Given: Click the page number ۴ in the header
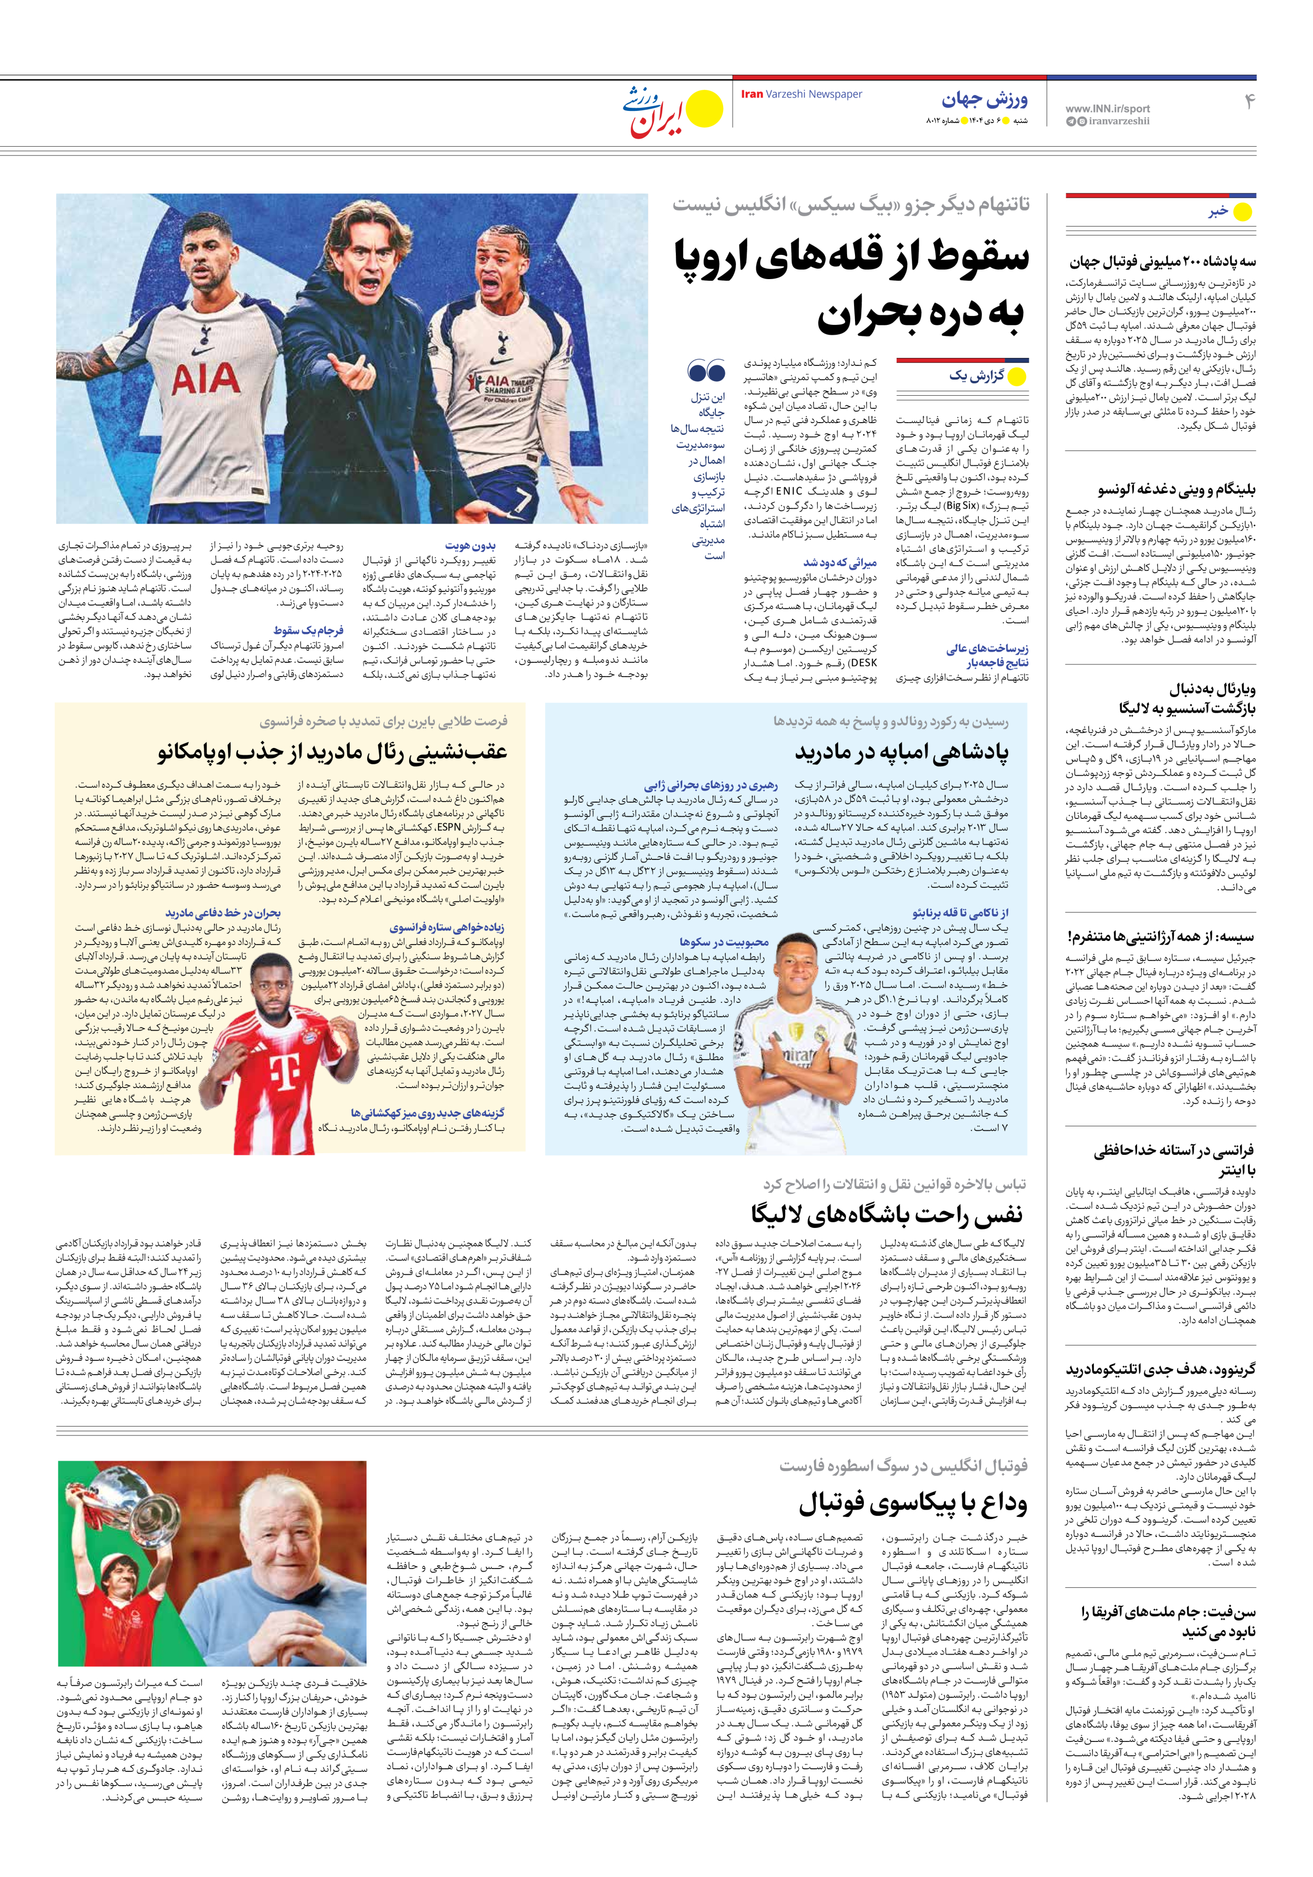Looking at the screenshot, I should [1248, 101].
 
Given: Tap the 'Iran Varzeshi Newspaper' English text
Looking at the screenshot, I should [801, 94].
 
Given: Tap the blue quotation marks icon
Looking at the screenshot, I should [706, 372].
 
